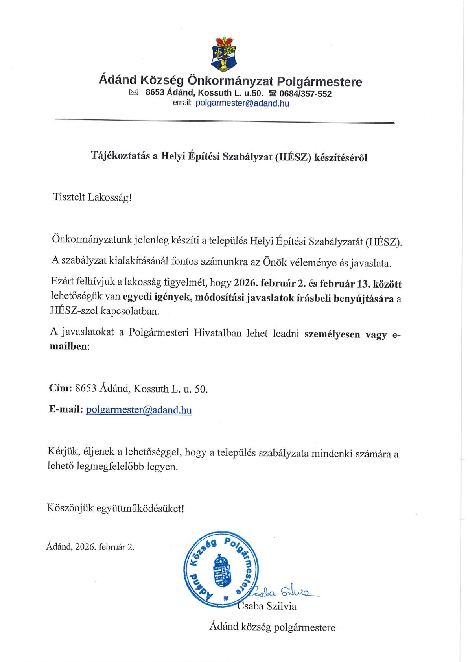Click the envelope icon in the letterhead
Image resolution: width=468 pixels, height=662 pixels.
(134, 93)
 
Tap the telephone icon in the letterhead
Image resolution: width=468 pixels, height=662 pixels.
(272, 94)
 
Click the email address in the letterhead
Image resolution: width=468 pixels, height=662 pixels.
(242, 103)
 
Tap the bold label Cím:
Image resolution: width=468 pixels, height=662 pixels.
(59, 389)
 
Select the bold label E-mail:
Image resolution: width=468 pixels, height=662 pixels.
(66, 409)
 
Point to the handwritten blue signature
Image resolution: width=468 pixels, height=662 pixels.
(283, 591)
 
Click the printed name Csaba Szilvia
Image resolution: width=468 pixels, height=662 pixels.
(267, 606)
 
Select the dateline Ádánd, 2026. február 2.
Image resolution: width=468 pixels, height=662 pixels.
(90, 546)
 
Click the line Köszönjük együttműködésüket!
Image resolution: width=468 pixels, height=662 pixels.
(115, 508)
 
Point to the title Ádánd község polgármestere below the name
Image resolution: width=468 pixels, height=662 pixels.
(272, 627)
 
